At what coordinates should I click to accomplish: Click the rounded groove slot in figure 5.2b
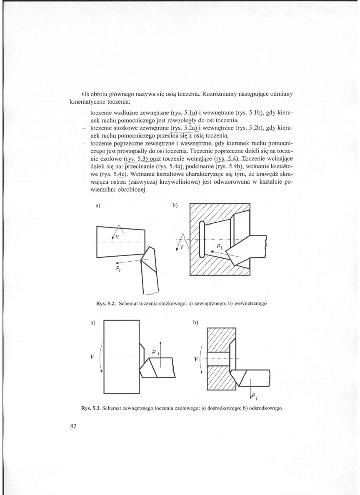coord(202,245)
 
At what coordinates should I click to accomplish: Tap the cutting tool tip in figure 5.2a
coord(142,259)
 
